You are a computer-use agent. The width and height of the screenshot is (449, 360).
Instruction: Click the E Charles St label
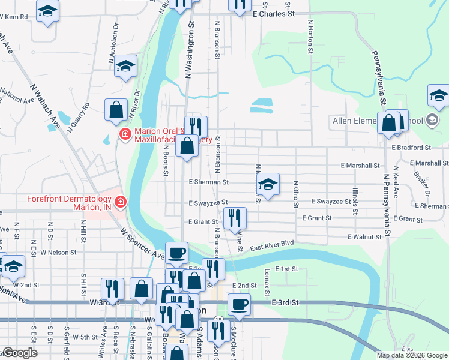(274, 13)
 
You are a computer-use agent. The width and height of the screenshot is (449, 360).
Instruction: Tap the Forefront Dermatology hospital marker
(121, 203)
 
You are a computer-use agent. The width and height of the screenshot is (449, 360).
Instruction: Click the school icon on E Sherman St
(268, 184)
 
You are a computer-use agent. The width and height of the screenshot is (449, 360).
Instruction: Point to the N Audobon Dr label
(113, 45)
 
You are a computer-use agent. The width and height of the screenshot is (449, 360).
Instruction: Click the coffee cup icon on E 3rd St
(240, 304)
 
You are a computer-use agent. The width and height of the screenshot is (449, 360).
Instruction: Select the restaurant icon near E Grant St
(234, 217)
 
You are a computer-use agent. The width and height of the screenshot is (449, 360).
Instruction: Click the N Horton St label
(310, 37)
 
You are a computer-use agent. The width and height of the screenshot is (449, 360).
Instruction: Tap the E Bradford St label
(411, 147)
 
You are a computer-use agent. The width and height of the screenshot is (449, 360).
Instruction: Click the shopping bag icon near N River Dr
(116, 109)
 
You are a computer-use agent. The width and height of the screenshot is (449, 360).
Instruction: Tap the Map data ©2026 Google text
(412, 355)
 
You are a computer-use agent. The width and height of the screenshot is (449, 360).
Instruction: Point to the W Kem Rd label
(15, 17)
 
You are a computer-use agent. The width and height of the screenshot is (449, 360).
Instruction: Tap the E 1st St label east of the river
(286, 269)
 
